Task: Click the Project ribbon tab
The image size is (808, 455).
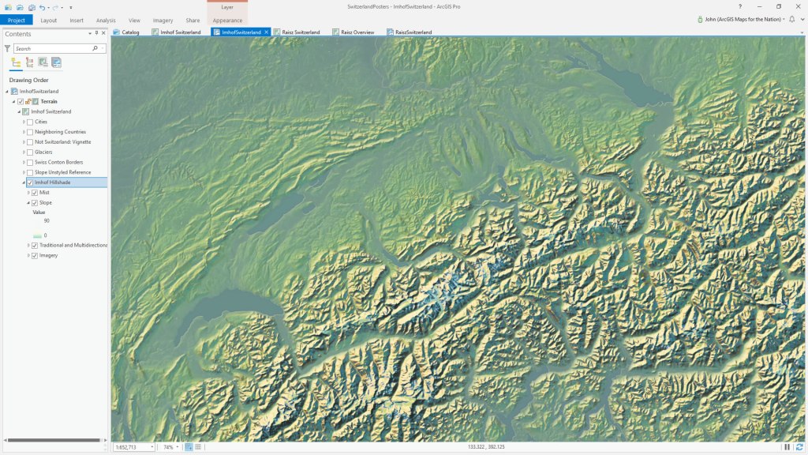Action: coord(16,20)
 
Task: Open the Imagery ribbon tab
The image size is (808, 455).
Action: coord(163,20)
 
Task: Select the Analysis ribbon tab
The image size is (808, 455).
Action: coord(106,20)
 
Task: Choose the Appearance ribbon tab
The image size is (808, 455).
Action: coord(227,20)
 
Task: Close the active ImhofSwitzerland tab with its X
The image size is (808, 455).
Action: coord(267,32)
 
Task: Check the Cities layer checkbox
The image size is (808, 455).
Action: coord(30,122)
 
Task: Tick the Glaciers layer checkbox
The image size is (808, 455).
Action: coord(30,152)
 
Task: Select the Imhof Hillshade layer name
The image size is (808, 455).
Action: coord(53,182)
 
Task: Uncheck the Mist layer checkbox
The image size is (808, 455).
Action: coord(35,193)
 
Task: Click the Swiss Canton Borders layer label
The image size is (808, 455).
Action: coord(59,162)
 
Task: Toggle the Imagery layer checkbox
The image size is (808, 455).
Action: coord(35,256)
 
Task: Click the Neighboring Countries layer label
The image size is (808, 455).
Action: coord(61,132)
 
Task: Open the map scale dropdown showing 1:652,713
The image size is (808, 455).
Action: coord(151,447)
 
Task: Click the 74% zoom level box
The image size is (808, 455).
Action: coord(168,447)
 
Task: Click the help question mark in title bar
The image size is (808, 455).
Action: coord(739,6)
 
